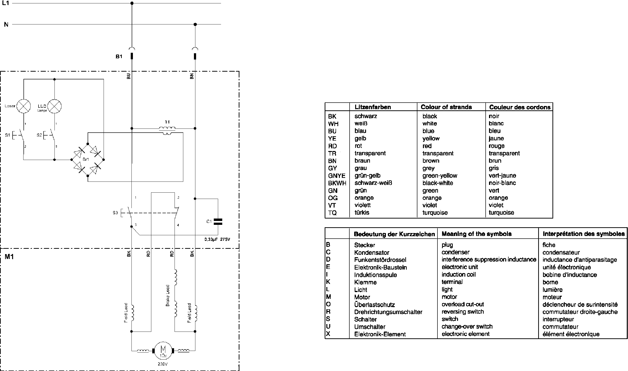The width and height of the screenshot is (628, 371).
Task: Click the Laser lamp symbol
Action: click(x=23, y=106)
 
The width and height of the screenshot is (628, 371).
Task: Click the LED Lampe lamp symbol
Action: click(x=54, y=106)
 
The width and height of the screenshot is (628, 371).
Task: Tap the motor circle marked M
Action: click(x=163, y=350)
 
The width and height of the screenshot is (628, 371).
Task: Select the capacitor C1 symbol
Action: click(x=218, y=222)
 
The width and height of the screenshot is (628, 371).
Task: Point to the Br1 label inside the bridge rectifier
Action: click(x=85, y=159)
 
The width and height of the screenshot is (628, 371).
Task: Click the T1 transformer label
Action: click(x=167, y=122)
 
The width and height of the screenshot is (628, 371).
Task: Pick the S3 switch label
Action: click(x=115, y=213)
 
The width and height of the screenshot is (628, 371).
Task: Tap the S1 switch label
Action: click(x=8, y=135)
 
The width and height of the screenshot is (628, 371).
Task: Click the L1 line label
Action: click(x=6, y=3)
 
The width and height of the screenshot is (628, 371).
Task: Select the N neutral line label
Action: click(x=6, y=24)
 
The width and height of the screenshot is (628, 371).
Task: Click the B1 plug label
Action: click(x=119, y=56)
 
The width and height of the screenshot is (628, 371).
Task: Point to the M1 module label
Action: click(x=9, y=257)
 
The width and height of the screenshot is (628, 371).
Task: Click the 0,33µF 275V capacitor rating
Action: click(x=217, y=239)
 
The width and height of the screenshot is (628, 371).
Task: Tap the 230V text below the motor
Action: click(x=162, y=364)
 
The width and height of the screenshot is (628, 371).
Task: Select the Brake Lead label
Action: click(x=168, y=295)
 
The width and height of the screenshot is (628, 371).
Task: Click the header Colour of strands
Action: click(x=446, y=107)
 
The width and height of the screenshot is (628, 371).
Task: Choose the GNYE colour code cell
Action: click(x=337, y=176)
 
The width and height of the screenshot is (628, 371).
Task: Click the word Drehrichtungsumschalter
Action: click(x=388, y=312)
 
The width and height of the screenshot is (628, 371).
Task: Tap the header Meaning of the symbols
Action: click(x=476, y=234)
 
